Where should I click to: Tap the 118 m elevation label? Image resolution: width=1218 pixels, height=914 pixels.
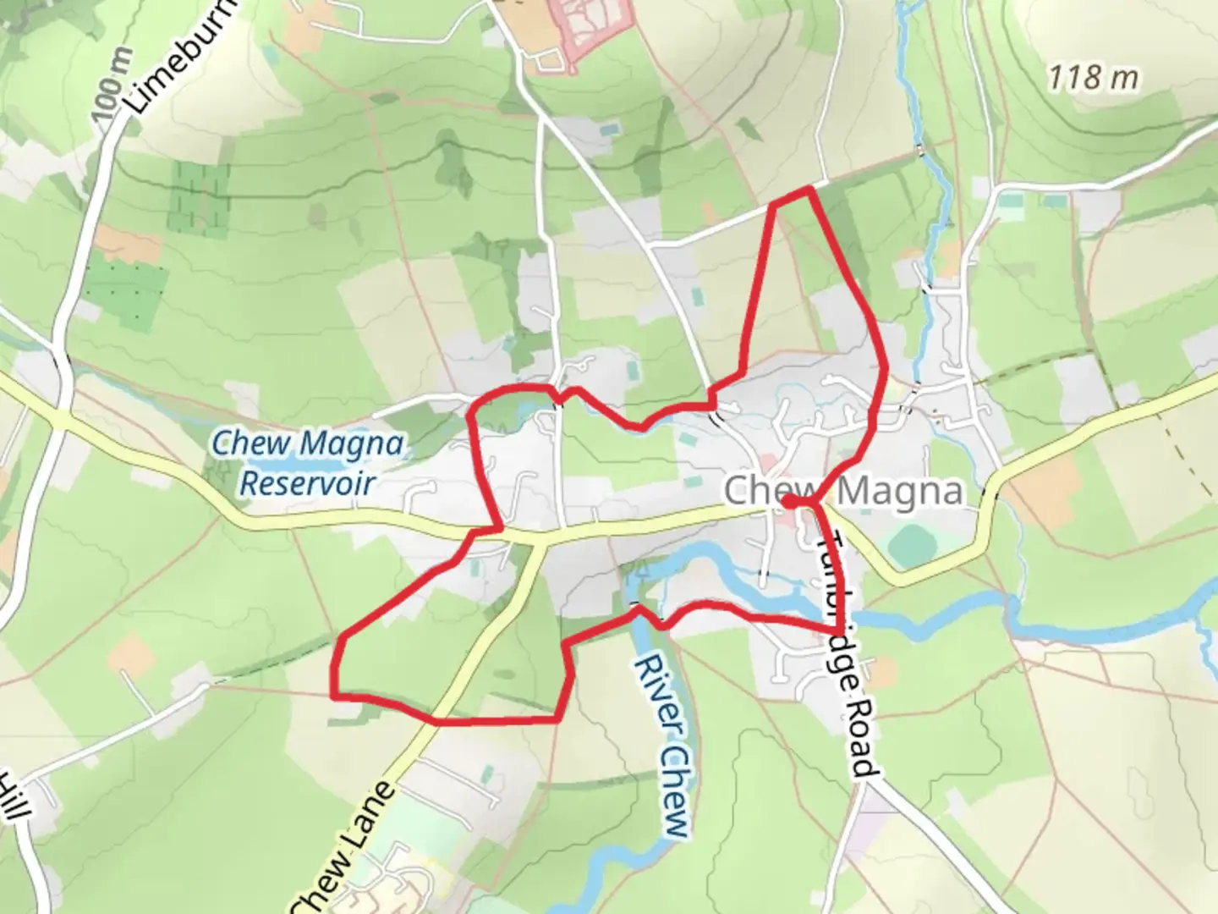click(1093, 78)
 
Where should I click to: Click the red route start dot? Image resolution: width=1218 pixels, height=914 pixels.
click(787, 502)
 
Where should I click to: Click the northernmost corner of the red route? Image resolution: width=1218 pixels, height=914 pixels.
click(809, 190)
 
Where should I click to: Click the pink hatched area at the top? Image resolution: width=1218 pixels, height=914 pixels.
click(591, 25)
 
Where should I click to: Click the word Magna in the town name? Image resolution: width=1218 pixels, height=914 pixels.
click(901, 491)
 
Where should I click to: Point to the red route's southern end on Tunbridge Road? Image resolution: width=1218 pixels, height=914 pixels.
click(837, 630)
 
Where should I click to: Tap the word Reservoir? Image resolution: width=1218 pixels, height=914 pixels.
click(307, 484)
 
